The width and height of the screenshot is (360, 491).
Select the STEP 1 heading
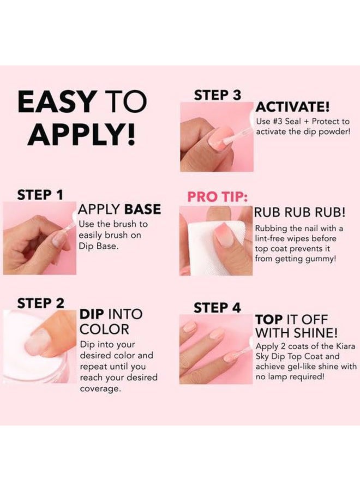tap(41, 195)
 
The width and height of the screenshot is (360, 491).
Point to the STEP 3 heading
tap(217, 95)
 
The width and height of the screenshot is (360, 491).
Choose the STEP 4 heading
tap(217, 307)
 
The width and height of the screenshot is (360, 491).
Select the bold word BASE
tap(141, 209)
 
